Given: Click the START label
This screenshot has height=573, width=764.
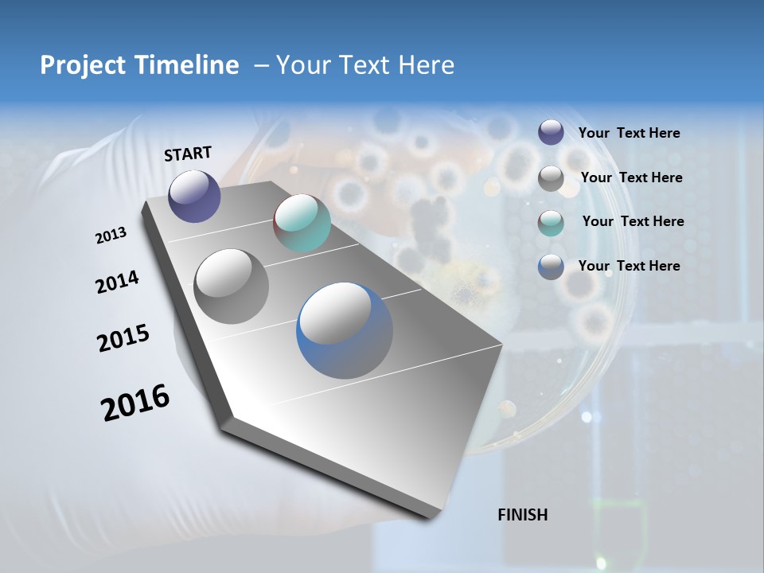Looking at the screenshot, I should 188,154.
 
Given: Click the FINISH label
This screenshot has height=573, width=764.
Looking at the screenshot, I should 523,515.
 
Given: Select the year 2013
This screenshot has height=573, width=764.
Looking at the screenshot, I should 111,236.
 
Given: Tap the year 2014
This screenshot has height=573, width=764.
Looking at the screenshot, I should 117,283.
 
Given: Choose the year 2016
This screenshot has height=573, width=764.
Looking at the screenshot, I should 135,403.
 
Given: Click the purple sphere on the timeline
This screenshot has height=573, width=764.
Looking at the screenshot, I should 194,196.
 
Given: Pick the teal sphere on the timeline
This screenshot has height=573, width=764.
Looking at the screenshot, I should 302,223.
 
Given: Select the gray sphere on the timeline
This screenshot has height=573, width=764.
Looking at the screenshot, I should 231,286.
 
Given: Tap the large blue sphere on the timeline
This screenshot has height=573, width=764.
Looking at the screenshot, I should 345,330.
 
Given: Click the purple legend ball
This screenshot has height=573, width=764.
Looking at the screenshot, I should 551,132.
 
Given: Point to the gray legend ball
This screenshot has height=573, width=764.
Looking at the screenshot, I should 551,178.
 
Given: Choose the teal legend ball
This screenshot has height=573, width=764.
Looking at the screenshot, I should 551,223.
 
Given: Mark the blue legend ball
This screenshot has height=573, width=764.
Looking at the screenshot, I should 551,267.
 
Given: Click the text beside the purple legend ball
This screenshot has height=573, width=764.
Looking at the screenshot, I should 629,134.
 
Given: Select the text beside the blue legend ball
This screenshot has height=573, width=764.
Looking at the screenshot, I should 629,266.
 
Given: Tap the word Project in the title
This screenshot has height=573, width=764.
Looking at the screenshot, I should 80,65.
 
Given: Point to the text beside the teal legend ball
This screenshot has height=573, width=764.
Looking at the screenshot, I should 633,221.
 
